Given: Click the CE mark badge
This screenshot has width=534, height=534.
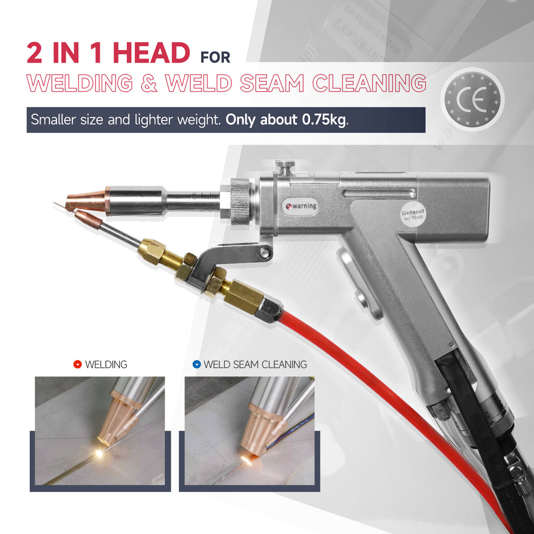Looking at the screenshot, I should point(470,98).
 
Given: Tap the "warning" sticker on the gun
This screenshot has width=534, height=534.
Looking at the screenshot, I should point(301,206).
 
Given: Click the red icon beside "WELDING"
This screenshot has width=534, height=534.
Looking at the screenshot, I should point(77,365).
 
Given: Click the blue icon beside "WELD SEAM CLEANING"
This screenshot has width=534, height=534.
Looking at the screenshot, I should point(196,365).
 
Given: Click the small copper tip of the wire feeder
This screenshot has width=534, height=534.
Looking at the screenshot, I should point(83,217).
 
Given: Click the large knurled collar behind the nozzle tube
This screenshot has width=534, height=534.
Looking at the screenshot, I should point(241,200).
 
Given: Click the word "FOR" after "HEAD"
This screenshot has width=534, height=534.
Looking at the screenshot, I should point(215,57).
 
